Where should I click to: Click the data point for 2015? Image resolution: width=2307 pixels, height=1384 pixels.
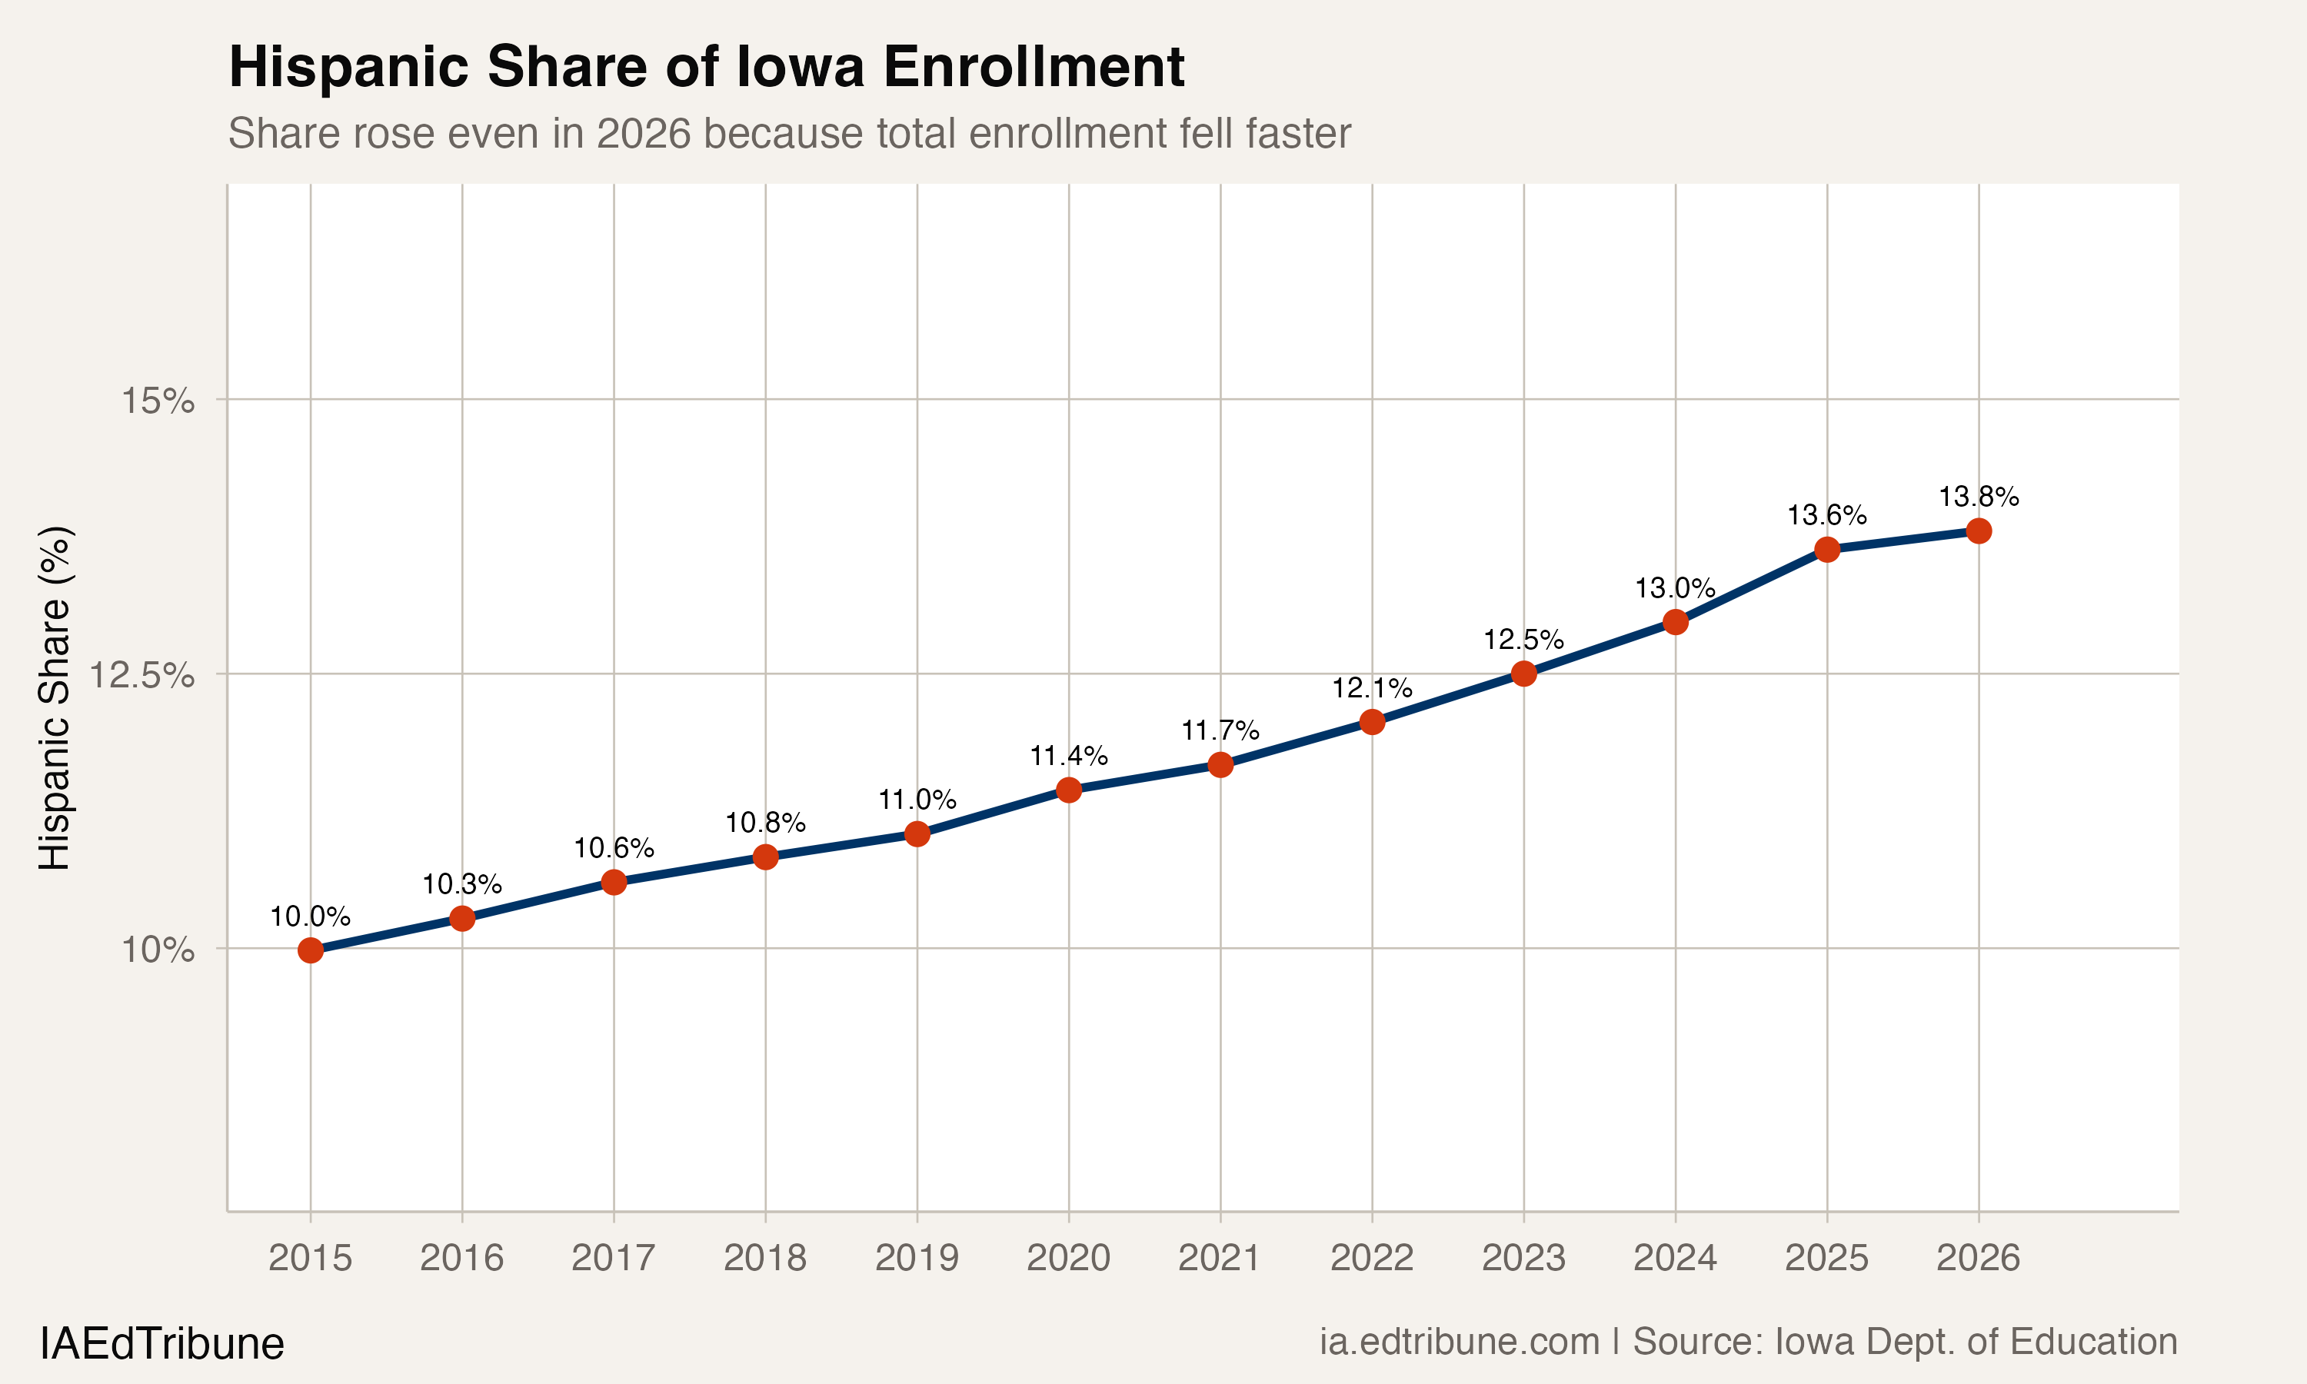click(x=311, y=950)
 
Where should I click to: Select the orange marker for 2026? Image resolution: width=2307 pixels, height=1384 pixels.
click(x=1978, y=531)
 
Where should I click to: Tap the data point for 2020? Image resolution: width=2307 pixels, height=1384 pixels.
click(x=1069, y=790)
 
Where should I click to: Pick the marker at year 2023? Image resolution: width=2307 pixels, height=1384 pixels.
click(x=1523, y=674)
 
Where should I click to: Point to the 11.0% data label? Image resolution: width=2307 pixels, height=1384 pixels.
click(x=917, y=799)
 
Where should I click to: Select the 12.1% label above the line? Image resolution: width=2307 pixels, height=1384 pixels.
click(x=1371, y=688)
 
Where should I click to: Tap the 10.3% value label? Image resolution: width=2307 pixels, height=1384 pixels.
click(x=461, y=884)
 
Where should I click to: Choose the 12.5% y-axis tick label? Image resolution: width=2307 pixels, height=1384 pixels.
click(x=141, y=674)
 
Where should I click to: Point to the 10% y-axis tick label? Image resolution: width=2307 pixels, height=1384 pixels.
click(x=158, y=950)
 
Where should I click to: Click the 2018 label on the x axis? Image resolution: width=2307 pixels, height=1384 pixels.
click(x=764, y=1258)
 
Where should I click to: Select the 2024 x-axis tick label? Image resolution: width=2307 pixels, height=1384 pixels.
click(x=1675, y=1258)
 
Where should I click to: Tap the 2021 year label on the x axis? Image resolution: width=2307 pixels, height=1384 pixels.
click(x=1220, y=1258)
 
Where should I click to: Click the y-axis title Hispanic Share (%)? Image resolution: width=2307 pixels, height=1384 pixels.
click(x=54, y=697)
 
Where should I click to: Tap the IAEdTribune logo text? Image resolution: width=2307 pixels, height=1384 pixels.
click(x=161, y=1344)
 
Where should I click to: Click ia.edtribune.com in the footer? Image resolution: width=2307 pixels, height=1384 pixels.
click(x=1459, y=1342)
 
